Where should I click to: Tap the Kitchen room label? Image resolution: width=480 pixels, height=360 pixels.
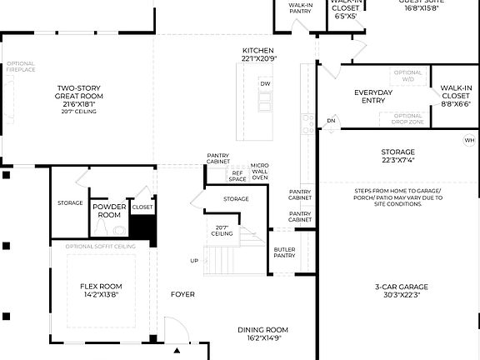coord(258,54)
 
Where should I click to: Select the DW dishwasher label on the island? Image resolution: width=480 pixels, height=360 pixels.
coord(265,84)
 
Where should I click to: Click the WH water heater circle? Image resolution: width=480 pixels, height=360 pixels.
coord(469,140)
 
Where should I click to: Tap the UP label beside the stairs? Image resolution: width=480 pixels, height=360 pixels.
coord(195,261)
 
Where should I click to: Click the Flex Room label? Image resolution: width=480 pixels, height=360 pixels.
coord(101,289)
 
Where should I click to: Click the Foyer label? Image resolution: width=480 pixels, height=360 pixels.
coord(182,294)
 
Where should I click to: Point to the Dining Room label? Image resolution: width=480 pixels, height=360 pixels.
coord(262,332)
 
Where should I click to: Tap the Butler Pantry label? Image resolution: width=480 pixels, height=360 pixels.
coord(284,252)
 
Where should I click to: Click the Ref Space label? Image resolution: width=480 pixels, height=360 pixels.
coord(237,176)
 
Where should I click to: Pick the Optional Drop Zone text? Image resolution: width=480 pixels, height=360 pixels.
coord(407,118)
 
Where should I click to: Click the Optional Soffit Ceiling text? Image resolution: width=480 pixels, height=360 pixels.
coord(101,247)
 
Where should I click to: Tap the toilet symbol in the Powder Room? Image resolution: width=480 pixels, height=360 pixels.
coord(119,229)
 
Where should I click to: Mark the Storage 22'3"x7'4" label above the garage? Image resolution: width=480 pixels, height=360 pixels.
coord(397,156)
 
